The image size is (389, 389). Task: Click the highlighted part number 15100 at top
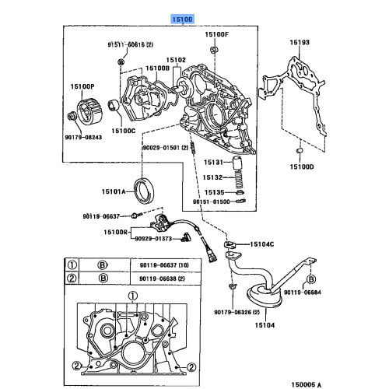coord(184,16)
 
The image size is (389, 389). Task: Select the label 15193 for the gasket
coord(300,41)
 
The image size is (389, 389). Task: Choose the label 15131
coord(213,163)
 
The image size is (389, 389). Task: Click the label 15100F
coord(217,35)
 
